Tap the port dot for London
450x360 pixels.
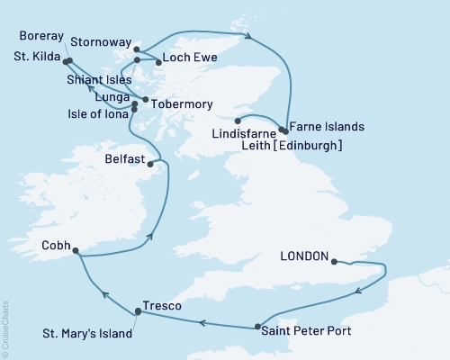[334, 262]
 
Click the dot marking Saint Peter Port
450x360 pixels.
[258, 327]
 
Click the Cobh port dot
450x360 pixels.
[74, 251]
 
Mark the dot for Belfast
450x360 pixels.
[149, 164]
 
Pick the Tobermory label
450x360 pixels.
[175, 102]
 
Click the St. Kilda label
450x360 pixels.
[31, 60]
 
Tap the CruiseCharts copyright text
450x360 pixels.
[6, 324]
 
